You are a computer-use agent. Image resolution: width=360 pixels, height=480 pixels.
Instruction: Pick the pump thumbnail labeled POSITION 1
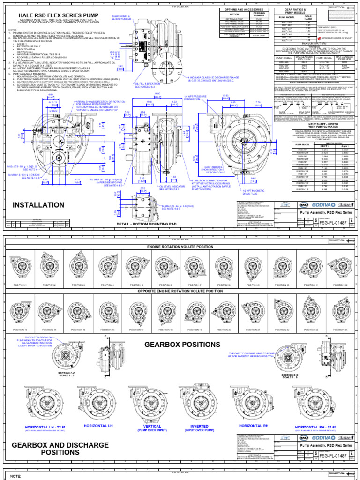[20, 268]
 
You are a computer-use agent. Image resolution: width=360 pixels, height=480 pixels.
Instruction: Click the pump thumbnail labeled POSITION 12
[340, 268]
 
